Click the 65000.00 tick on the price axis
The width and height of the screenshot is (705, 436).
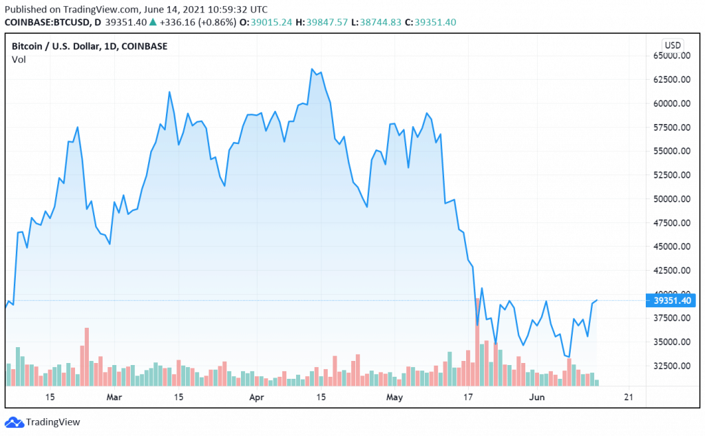(x=671, y=55)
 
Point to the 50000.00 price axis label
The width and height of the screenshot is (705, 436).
(x=671, y=198)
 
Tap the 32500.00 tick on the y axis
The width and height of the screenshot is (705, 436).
(x=671, y=365)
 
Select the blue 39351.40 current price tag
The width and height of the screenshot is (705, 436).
(x=671, y=300)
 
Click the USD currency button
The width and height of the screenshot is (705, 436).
(x=673, y=45)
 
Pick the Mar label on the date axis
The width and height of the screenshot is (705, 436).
(x=114, y=397)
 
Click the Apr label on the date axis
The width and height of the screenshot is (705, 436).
(x=256, y=397)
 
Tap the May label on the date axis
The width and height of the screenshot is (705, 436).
(x=394, y=397)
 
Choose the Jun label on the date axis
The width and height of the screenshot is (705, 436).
(x=537, y=397)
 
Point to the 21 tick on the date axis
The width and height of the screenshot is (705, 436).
(x=627, y=397)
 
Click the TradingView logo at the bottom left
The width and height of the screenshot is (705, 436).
(x=43, y=422)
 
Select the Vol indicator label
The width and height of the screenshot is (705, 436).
(x=19, y=60)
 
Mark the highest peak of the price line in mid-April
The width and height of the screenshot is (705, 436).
(x=312, y=69)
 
